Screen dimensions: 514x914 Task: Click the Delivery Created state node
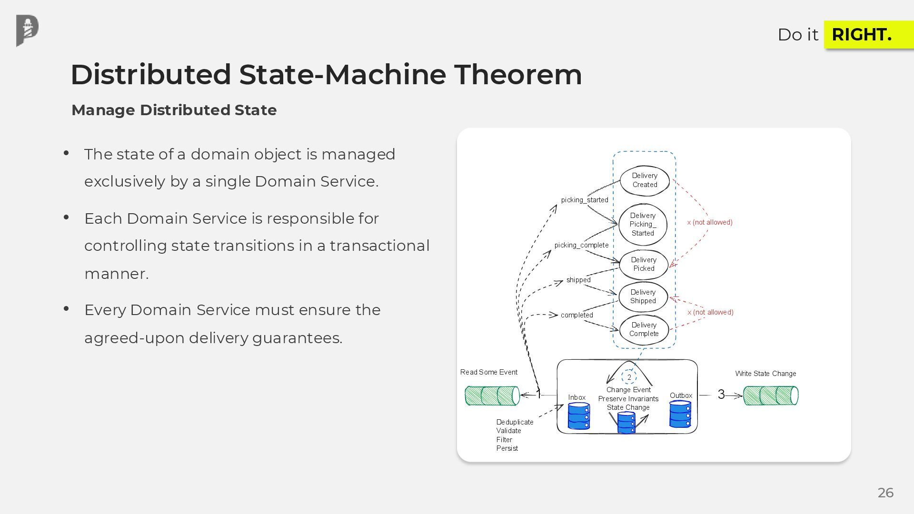point(645,180)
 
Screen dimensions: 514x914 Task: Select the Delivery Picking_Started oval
point(643,225)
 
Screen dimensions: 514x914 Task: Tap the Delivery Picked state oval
point(644,264)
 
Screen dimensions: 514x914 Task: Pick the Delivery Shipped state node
point(643,297)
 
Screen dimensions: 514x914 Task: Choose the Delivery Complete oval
point(644,329)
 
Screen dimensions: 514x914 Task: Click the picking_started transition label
point(585,200)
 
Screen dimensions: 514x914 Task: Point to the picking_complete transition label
point(581,245)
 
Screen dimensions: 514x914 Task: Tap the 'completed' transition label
point(576,315)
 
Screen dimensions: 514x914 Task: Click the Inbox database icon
point(579,416)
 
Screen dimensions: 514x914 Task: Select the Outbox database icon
point(680,414)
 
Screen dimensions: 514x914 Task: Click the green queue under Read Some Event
point(492,396)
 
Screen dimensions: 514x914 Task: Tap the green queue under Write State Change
point(770,396)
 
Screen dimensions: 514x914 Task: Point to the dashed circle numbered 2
point(629,377)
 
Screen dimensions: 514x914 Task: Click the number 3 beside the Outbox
point(721,395)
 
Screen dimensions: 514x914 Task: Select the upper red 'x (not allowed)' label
point(710,222)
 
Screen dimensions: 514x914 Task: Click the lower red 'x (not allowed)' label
point(710,312)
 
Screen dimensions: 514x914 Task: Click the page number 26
point(885,493)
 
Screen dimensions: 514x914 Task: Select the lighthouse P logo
point(27,31)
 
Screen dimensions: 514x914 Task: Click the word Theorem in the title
point(518,75)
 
